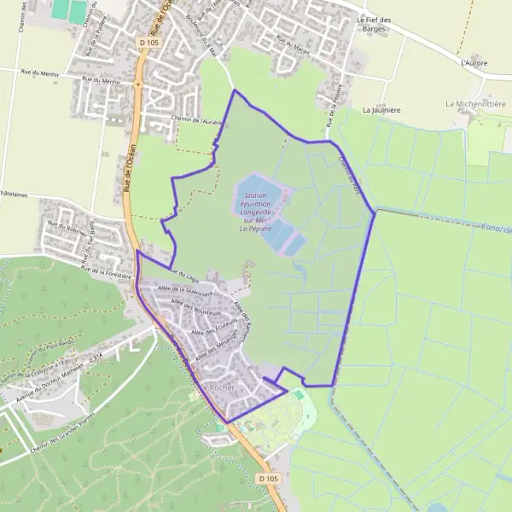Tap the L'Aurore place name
click(473, 63)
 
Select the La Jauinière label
click(381, 110)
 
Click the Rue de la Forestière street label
click(106, 272)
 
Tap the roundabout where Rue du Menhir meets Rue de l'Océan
click(137, 84)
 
